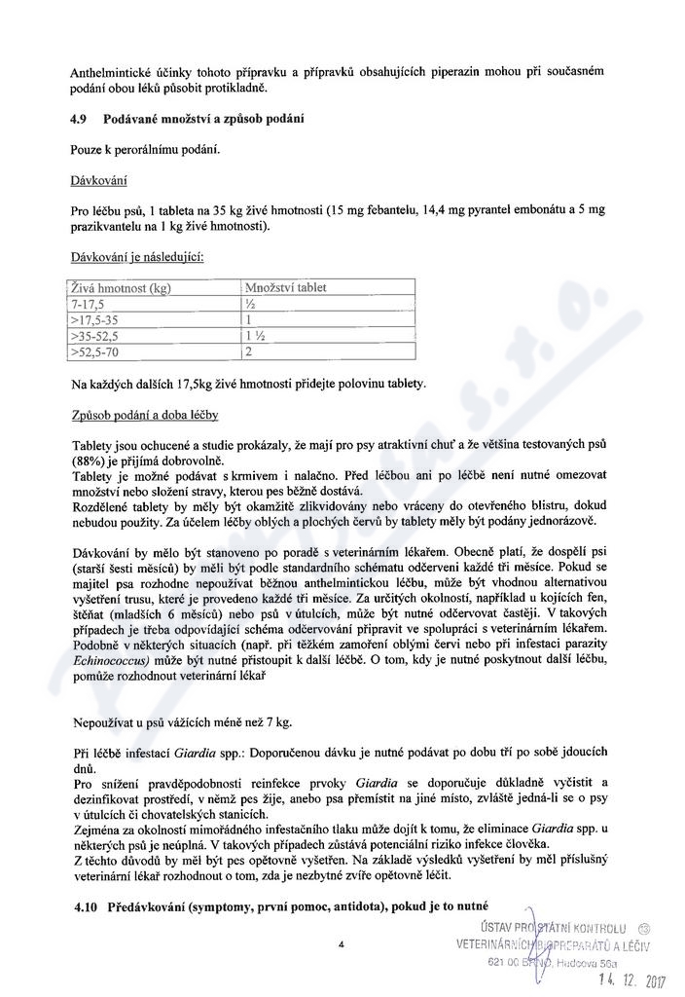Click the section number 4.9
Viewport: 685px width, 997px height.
(x=83, y=119)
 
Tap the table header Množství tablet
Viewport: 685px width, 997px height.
(x=286, y=288)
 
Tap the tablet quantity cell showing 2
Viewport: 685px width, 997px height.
(x=249, y=351)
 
